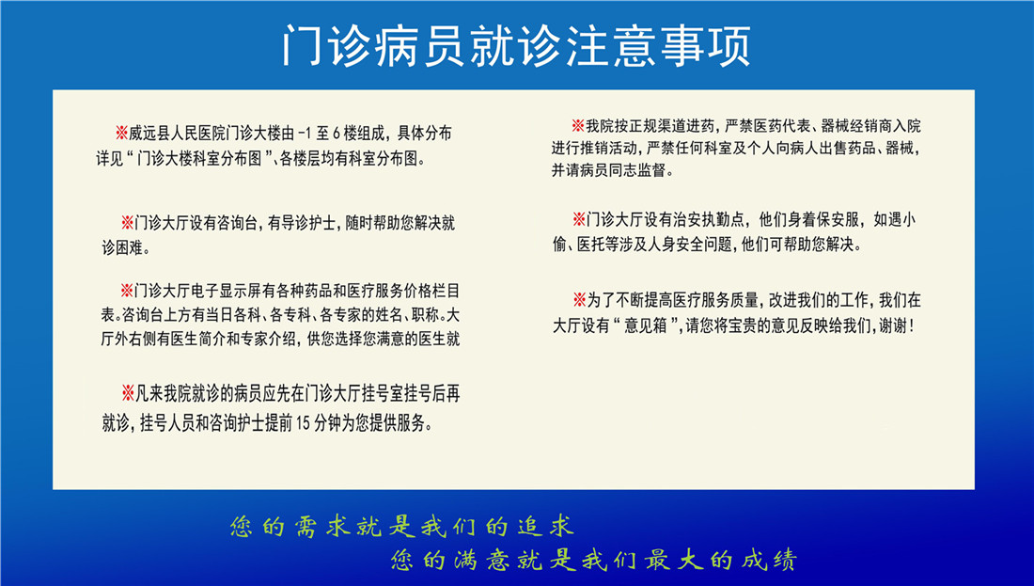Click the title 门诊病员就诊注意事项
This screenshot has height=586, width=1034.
(x=516, y=44)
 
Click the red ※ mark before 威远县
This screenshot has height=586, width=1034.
(x=120, y=133)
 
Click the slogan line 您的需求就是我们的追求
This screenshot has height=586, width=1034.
(x=401, y=526)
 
